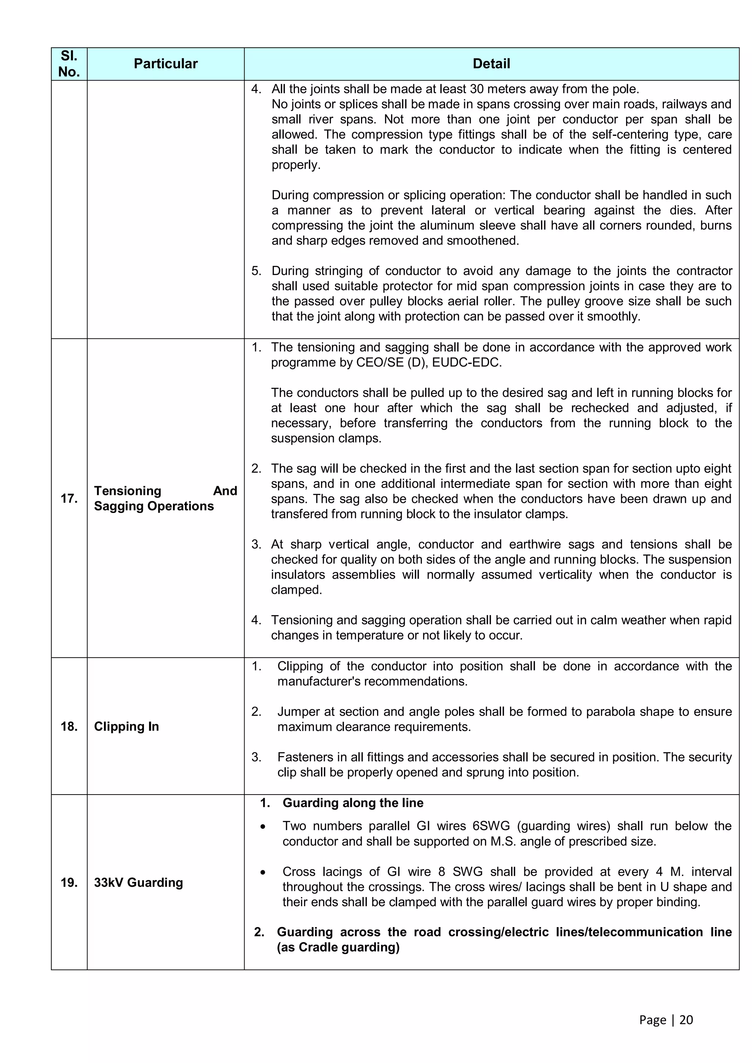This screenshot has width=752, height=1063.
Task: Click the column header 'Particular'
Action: point(165,64)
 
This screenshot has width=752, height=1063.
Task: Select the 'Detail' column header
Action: point(491,64)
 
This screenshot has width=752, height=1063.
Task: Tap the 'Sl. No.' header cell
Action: point(69,64)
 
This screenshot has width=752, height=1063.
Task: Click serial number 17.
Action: point(69,498)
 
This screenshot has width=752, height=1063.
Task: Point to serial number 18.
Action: point(69,726)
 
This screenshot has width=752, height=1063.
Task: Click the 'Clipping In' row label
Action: point(126,726)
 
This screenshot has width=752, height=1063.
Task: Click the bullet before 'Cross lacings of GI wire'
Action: point(263,872)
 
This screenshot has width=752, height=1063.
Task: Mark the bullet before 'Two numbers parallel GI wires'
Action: point(263,827)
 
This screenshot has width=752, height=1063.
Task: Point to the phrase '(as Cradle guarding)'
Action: point(338,947)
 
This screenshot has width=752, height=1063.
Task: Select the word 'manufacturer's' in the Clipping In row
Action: point(319,681)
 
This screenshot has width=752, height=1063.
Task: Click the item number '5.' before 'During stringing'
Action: point(257,271)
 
